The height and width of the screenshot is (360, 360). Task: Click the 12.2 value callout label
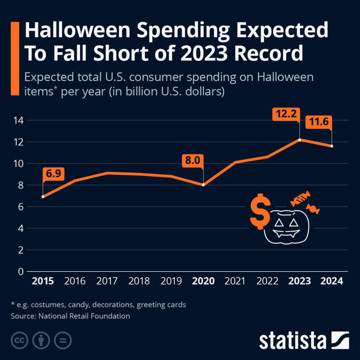(x=286, y=114)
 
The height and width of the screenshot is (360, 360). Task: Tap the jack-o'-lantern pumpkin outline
(x=285, y=228)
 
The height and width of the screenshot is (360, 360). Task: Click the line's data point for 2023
(x=300, y=139)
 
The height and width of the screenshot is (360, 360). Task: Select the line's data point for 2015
(x=43, y=197)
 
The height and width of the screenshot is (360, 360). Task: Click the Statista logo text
(x=293, y=340)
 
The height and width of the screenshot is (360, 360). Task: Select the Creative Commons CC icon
(x=19, y=340)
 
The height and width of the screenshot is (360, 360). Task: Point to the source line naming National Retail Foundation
(x=70, y=316)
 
